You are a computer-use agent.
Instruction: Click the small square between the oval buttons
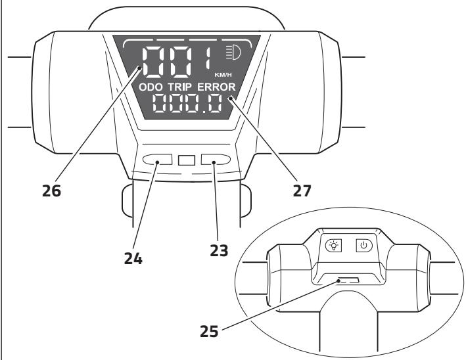pos(186,160)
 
